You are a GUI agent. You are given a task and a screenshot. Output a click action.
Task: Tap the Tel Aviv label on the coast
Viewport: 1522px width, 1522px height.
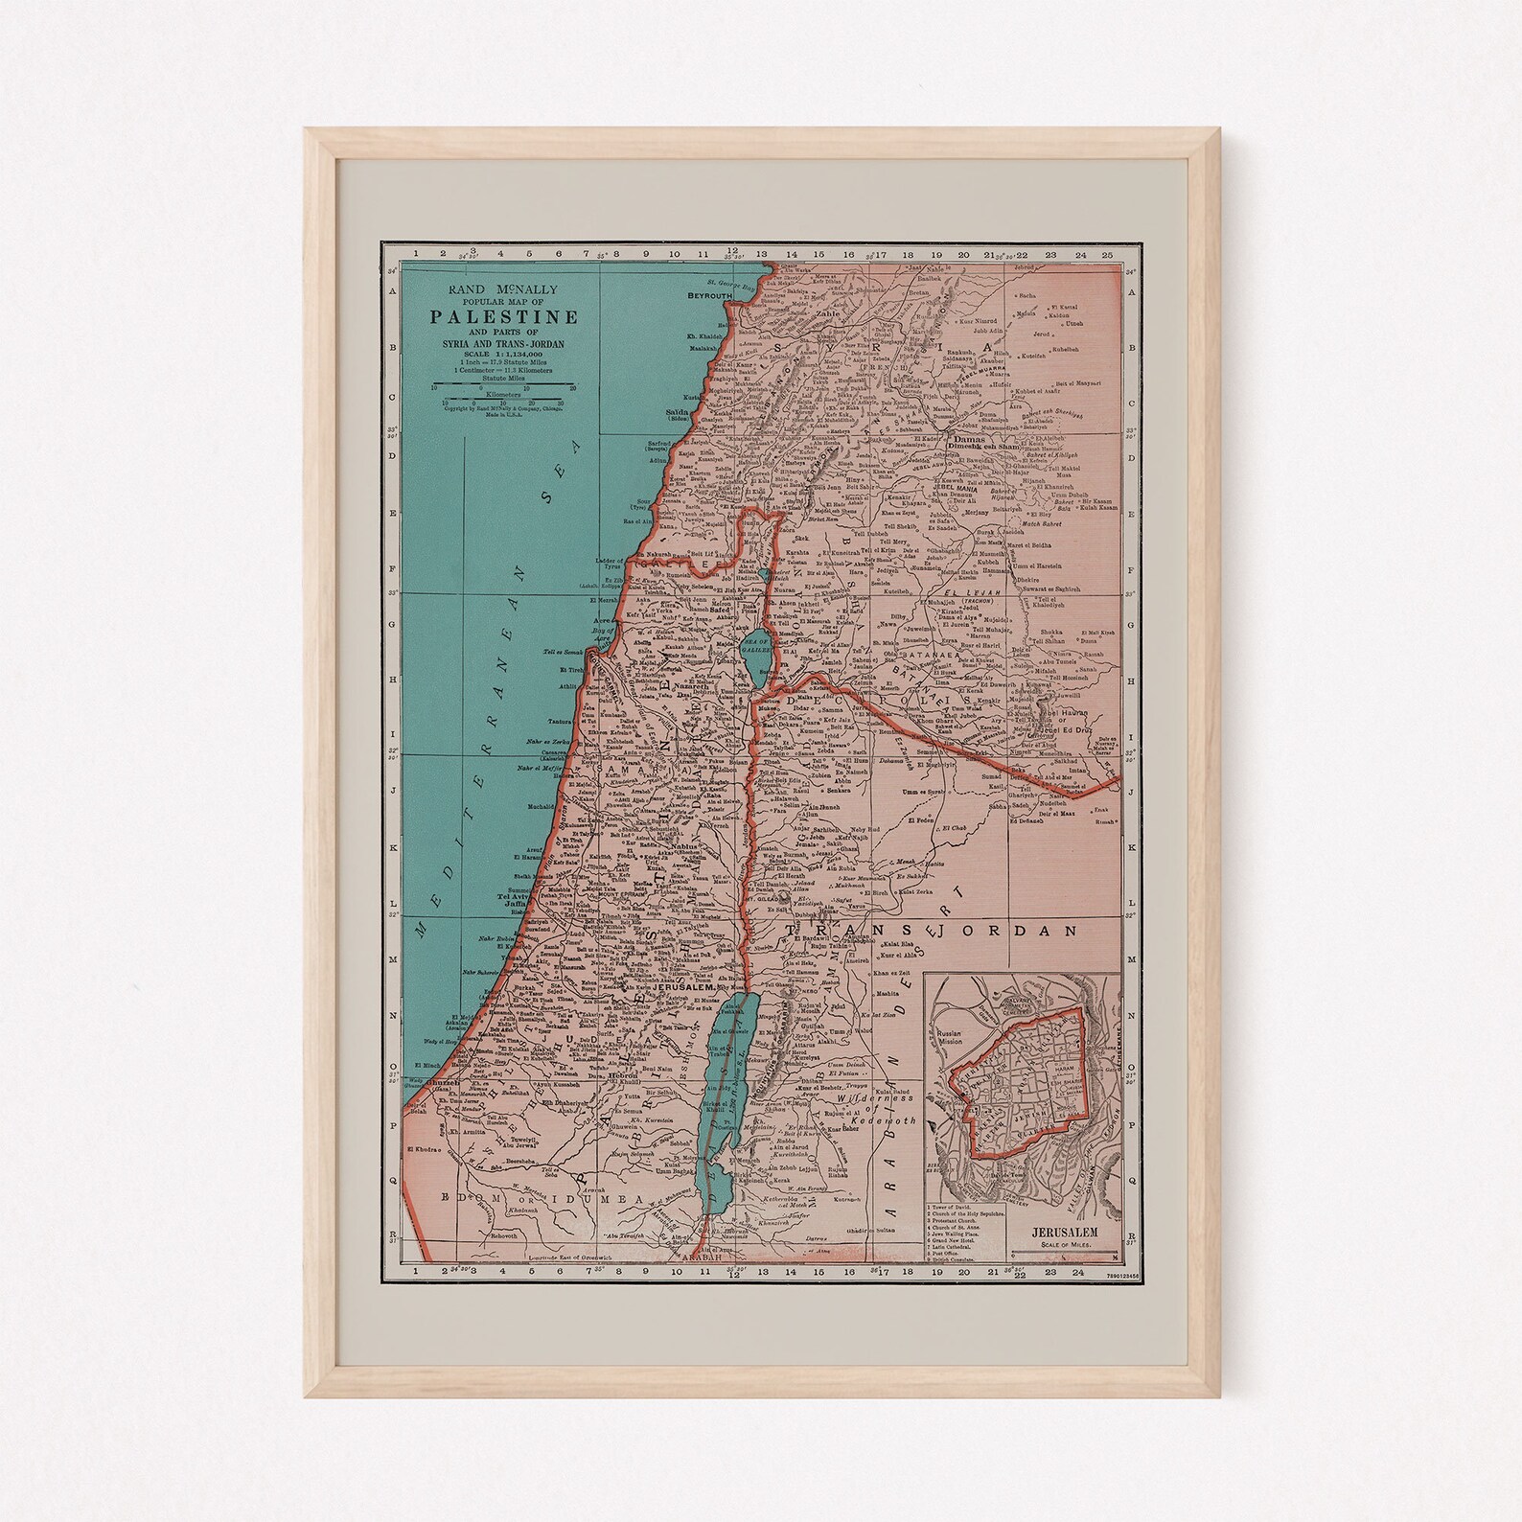point(512,897)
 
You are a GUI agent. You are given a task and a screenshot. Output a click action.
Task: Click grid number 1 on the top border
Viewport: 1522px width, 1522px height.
point(413,254)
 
